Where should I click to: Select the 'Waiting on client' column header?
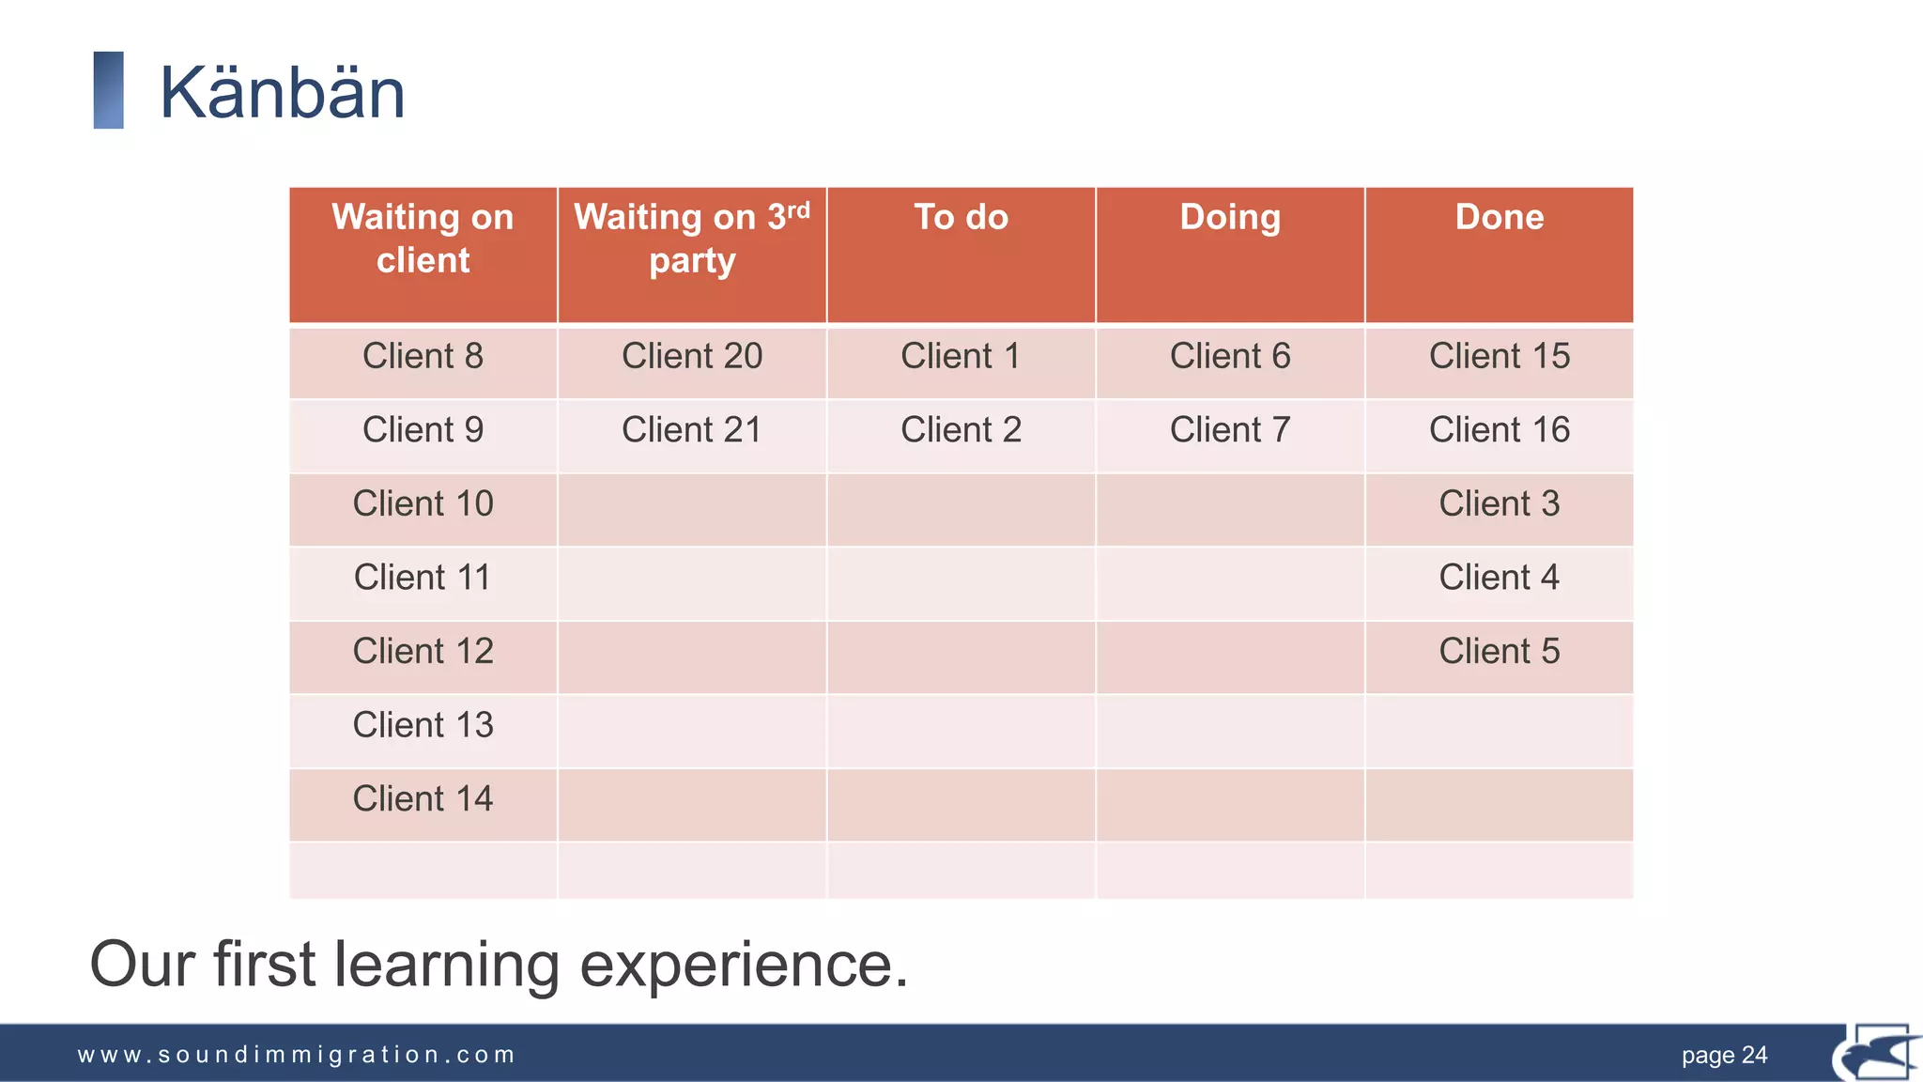(423, 239)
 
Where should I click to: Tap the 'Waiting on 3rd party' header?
(692, 239)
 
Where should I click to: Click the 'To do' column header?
(961, 217)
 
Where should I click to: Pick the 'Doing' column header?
(1230, 217)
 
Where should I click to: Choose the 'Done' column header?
(1499, 217)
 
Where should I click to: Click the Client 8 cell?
(423, 356)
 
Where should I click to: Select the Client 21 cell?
(692, 429)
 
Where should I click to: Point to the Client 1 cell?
(961, 356)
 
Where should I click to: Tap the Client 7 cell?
(1230, 429)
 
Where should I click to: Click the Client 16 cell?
(1499, 429)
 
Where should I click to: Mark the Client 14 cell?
(423, 798)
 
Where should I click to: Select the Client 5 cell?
(1499, 651)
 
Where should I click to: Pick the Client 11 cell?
(423, 577)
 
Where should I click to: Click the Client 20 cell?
(692, 356)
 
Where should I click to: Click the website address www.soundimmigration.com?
(296, 1055)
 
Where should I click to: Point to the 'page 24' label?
(1724, 1056)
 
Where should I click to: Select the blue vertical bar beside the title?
(109, 90)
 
